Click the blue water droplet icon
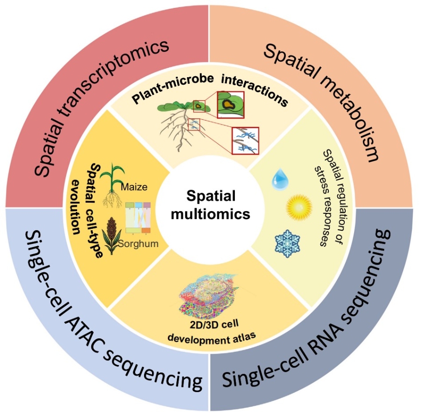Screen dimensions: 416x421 (281, 178)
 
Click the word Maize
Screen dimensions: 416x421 (134, 187)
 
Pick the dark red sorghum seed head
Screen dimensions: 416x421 (112, 229)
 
